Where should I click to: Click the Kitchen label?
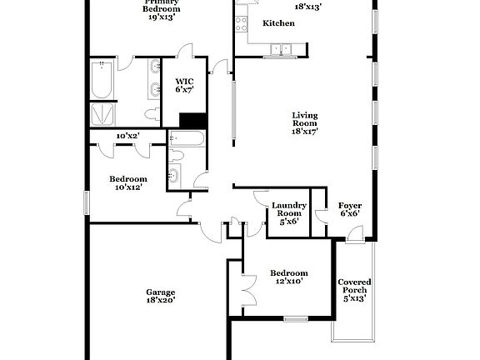click(x=278, y=23)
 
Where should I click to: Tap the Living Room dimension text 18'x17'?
click(x=305, y=131)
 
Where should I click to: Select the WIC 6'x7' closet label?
click(x=184, y=85)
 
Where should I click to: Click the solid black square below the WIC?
click(x=193, y=120)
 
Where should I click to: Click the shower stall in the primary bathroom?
click(x=103, y=113)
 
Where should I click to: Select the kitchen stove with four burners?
click(x=242, y=22)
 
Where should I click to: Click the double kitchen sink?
click(x=276, y=49)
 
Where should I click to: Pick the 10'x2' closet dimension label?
click(x=127, y=135)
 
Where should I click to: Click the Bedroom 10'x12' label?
click(x=128, y=183)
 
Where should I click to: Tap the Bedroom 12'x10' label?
click(x=288, y=277)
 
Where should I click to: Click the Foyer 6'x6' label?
click(x=349, y=209)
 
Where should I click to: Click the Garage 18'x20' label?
click(x=161, y=296)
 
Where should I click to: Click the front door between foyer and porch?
click(x=355, y=238)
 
